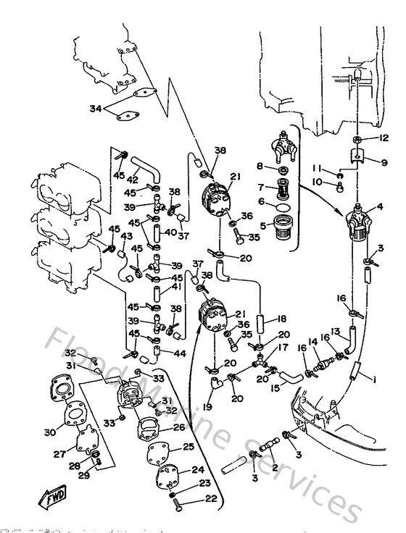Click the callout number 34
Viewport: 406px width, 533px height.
[94, 109]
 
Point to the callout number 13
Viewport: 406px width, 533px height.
[336, 330]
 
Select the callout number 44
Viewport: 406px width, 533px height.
[179, 353]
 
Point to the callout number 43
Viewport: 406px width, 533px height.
[127, 237]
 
